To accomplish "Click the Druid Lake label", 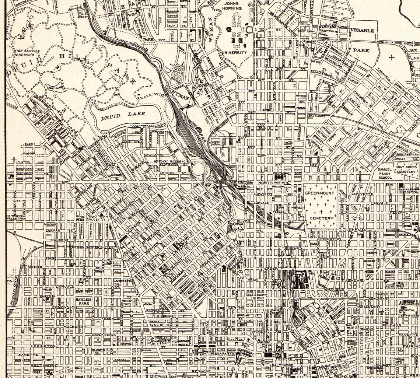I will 123,114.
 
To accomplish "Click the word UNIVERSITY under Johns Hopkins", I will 234,53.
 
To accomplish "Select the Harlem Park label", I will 83,302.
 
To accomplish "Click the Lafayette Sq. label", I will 118,282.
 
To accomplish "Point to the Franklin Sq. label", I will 98,351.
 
